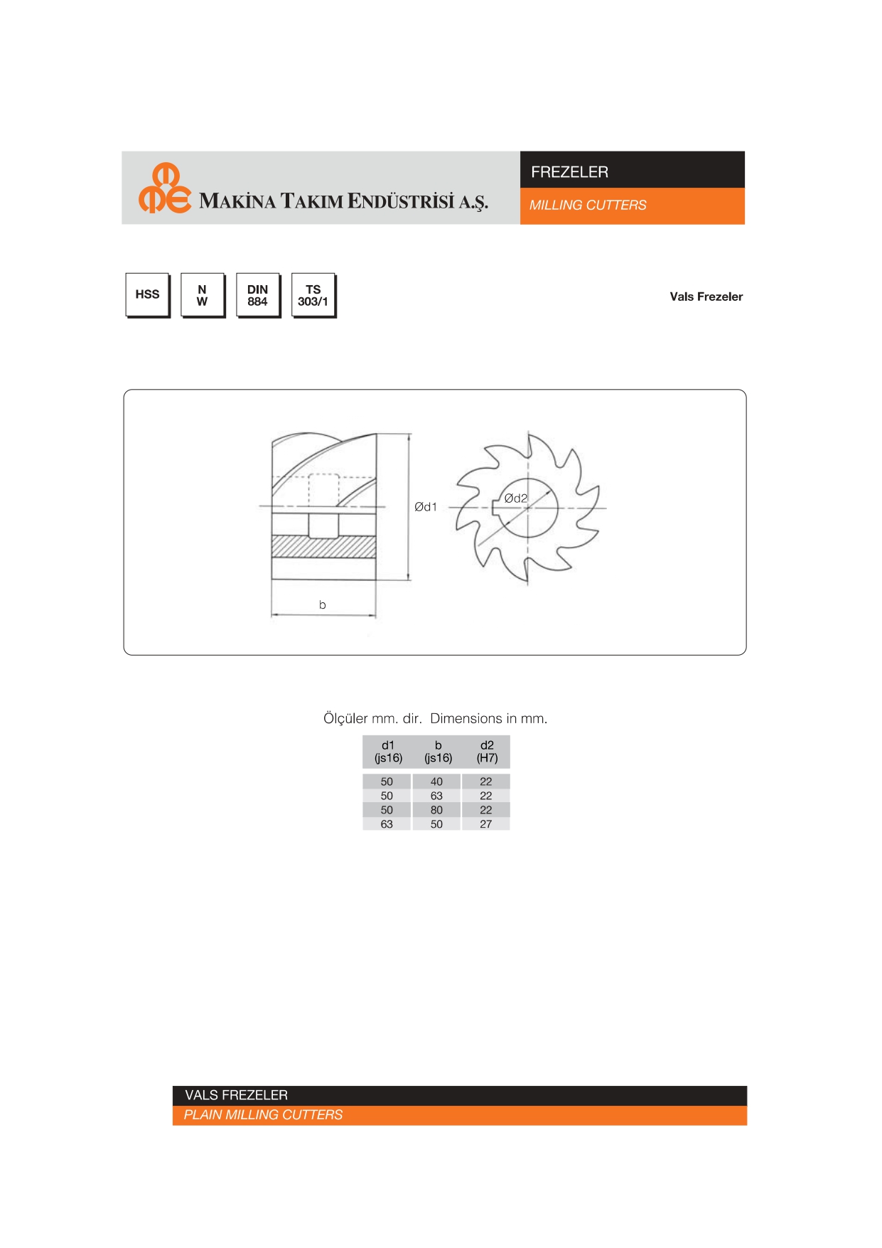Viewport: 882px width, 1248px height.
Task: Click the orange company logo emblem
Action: coord(165,188)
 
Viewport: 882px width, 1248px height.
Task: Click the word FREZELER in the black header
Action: coord(569,172)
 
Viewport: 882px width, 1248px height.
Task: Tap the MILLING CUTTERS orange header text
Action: coord(588,206)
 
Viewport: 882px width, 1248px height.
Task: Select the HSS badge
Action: coord(148,295)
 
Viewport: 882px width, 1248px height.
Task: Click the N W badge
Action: coord(203,295)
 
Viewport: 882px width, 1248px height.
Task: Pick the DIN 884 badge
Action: coord(258,295)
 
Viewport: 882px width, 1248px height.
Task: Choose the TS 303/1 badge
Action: coord(313,295)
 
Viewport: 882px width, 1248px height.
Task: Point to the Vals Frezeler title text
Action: coord(706,297)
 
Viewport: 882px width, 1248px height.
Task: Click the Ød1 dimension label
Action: coord(426,507)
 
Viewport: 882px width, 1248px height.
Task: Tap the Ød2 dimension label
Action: coord(516,498)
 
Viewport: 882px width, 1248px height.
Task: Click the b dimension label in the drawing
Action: coord(323,605)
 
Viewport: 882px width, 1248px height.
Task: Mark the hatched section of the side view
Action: coord(323,547)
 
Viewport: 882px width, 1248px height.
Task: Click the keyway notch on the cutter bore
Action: coord(495,507)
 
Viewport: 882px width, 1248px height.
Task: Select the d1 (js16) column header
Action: coord(388,752)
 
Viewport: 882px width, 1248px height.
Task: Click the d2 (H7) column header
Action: coord(487,752)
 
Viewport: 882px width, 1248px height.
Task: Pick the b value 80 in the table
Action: coord(436,810)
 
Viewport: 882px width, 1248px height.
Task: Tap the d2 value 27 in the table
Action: coord(486,824)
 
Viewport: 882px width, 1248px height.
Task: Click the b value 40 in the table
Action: coord(436,782)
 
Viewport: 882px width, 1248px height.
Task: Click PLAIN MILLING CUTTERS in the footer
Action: coord(263,1115)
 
